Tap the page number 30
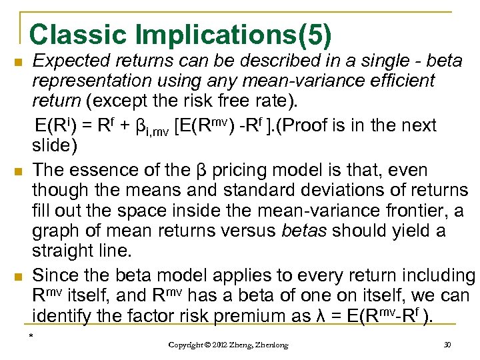point(447,345)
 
